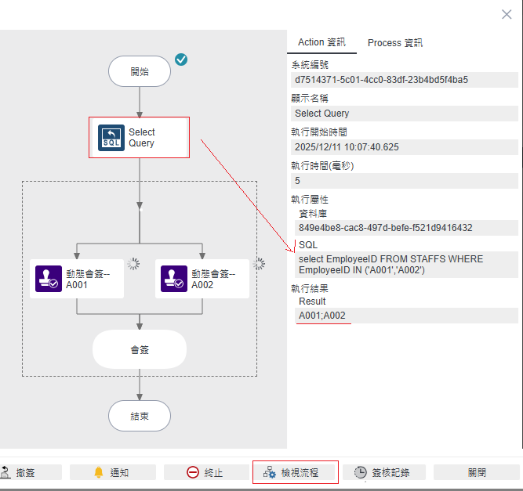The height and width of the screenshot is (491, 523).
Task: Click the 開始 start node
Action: pos(139,71)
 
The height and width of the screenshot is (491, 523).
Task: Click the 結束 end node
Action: pos(139,416)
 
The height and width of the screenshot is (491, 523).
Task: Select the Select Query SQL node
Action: pos(139,138)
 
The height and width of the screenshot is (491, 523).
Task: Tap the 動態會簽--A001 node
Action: pos(77,279)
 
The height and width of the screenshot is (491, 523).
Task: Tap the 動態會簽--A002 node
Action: pos(202,279)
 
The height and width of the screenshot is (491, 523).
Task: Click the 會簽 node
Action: pos(140,349)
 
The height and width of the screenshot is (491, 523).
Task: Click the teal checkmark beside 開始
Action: pos(181,60)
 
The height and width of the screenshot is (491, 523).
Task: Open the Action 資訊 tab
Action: pos(321,42)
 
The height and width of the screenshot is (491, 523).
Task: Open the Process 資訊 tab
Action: pos(394,42)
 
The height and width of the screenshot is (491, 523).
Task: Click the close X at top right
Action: pos(507,14)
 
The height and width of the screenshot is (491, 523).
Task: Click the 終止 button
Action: pos(205,472)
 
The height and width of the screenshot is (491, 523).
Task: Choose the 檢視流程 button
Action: pos(296,472)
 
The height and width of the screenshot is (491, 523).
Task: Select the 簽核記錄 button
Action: pos(387,472)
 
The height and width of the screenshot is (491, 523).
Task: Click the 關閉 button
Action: pos(477,472)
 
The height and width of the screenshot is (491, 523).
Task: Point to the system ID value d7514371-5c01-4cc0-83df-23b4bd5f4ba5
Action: pos(382,80)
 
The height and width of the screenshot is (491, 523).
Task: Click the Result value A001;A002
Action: pos(322,316)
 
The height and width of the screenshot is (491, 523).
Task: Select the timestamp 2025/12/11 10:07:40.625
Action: pos(347,147)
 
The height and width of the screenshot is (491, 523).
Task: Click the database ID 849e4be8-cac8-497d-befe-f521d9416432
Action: pos(385,228)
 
